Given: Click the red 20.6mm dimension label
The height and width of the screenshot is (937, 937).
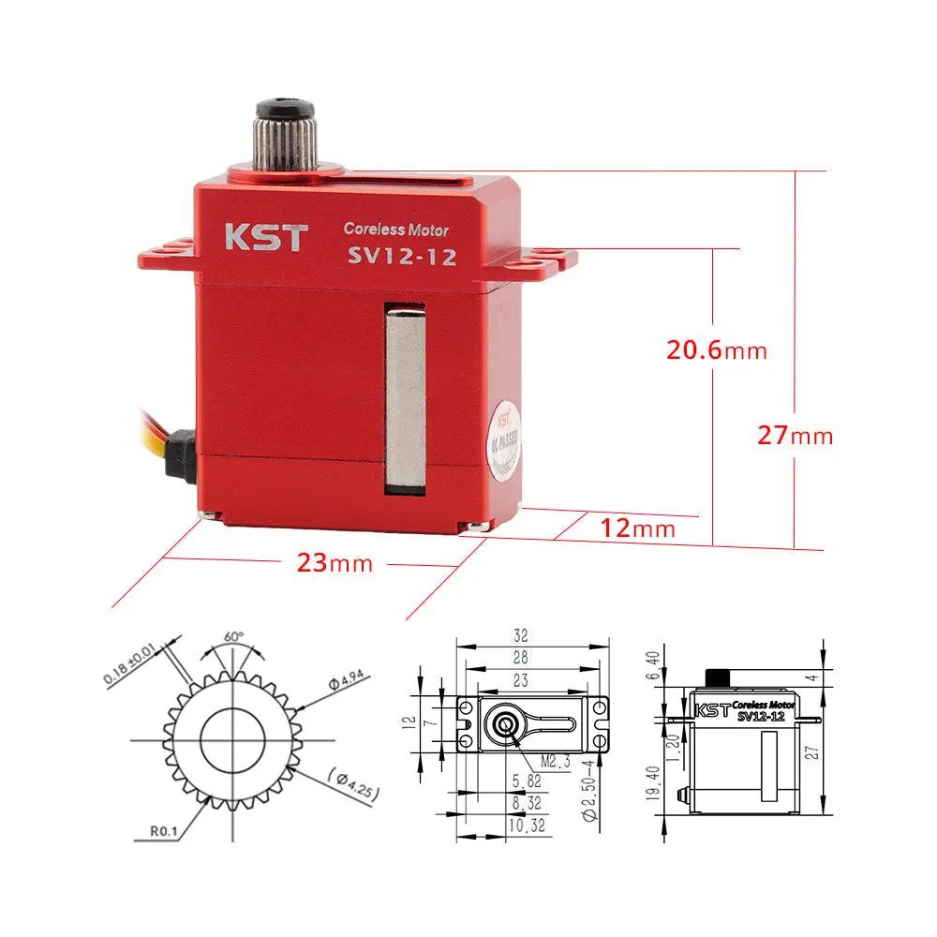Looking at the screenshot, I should (x=716, y=350).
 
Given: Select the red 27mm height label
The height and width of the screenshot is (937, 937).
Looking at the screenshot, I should (x=795, y=436).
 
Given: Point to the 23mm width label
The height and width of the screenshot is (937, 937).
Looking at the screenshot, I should (x=335, y=563).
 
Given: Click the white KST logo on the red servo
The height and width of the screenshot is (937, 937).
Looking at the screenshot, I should (x=264, y=238).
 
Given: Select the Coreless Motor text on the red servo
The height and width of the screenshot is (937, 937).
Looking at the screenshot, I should (x=395, y=229).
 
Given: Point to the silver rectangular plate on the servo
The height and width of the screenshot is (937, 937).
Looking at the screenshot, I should (x=405, y=397).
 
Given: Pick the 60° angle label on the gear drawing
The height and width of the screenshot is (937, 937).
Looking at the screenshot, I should (x=233, y=636).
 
